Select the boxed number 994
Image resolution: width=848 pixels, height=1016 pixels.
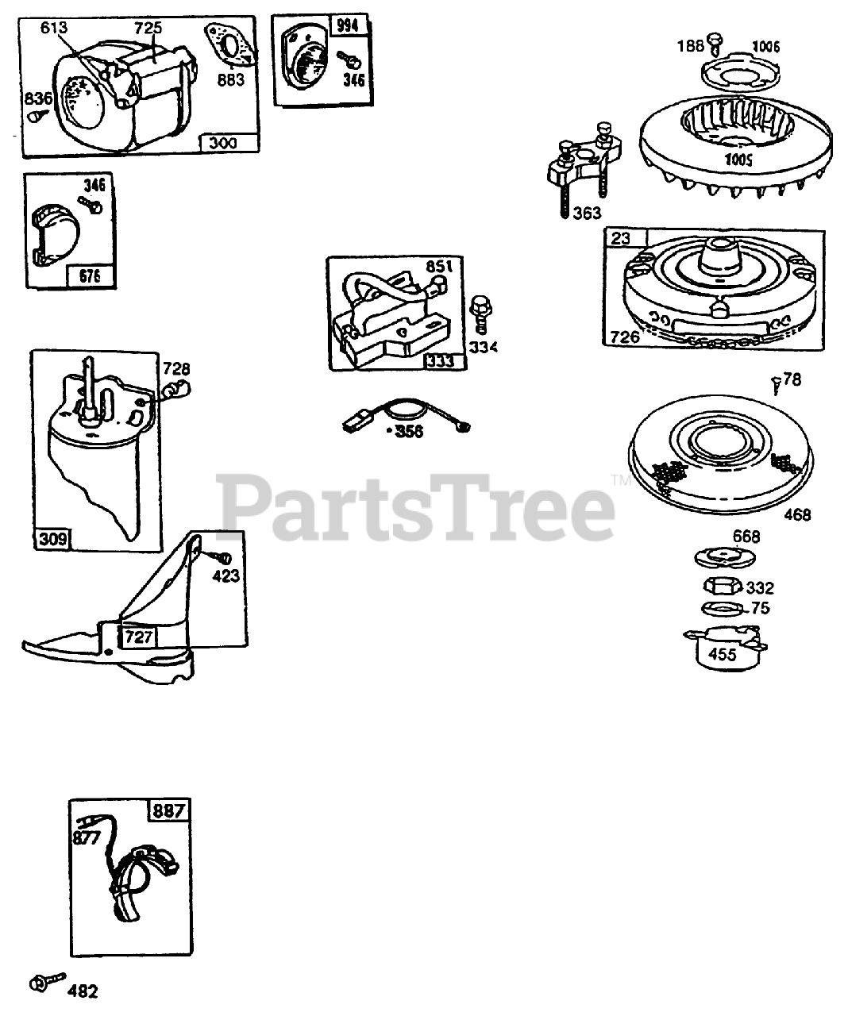point(347,26)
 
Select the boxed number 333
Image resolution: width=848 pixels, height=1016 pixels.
point(441,361)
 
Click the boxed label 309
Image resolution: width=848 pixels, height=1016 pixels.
point(52,541)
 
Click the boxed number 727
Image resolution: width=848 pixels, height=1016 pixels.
point(137,637)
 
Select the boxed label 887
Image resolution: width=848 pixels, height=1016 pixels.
point(169,811)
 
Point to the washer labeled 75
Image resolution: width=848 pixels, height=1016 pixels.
point(722,609)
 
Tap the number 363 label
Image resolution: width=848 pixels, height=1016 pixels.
point(586,213)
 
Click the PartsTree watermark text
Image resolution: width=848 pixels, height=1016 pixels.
point(417,505)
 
